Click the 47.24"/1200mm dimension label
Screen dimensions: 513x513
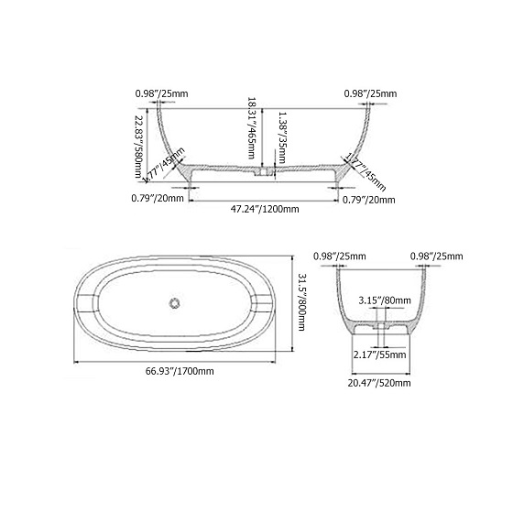point(265,209)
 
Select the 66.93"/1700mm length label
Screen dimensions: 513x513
point(180,371)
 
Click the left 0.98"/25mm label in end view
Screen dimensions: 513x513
point(340,256)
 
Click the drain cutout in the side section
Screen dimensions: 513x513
point(264,170)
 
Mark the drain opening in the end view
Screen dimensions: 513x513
point(378,322)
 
